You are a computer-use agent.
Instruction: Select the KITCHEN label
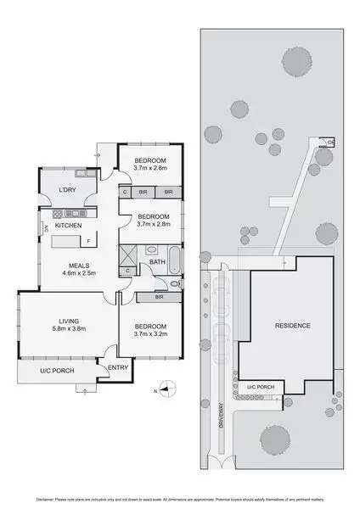click(68, 227)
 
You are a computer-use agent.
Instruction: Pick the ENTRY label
click(117, 366)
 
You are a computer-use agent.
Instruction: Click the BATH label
click(157, 262)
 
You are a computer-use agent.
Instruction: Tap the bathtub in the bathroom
click(173, 260)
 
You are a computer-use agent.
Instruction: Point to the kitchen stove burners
click(69, 213)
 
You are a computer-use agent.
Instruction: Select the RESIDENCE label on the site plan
click(292, 325)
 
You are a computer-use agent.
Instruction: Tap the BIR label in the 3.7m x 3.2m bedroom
click(160, 298)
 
